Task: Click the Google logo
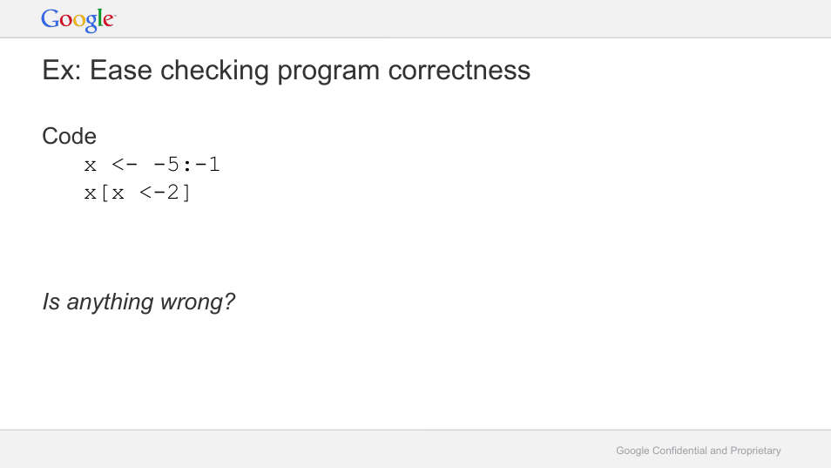coord(78,20)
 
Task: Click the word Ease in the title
coord(121,70)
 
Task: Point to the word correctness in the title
coord(459,71)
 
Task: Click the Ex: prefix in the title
coord(62,71)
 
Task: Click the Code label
coord(69,136)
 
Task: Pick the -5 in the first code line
coord(166,165)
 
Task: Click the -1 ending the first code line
coord(207,165)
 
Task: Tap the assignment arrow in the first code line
coord(125,165)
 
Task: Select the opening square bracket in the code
coord(105,193)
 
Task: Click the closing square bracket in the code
coord(186,193)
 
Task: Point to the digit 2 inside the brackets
coord(172,192)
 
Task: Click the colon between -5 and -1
coord(186,166)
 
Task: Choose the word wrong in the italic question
coord(197,302)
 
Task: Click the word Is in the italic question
coord(51,302)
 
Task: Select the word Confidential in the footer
coord(679,451)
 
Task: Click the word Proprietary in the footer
coord(756,451)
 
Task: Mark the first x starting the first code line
coord(90,166)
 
